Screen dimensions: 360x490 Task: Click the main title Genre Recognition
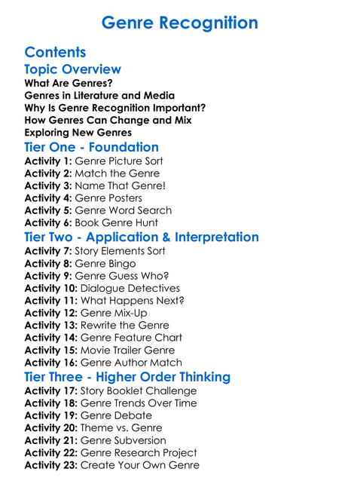coord(179,23)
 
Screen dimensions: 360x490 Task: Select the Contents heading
coord(55,52)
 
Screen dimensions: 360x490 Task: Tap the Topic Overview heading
coord(72,69)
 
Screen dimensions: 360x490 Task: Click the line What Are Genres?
coord(63,83)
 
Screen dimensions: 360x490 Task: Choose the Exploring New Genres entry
coord(78,133)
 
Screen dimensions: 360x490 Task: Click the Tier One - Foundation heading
coord(91,147)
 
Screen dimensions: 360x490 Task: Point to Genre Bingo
coord(108,263)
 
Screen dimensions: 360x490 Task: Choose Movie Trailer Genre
coord(127,350)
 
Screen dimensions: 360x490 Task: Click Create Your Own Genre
coord(139,465)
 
